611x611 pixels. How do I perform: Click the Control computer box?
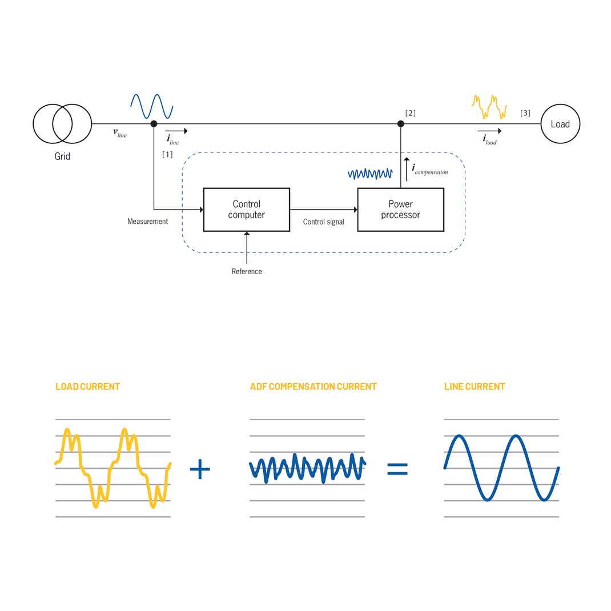click(x=246, y=210)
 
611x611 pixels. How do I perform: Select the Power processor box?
click(x=400, y=210)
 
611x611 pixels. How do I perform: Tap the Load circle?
click(x=560, y=124)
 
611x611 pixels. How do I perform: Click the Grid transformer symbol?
click(x=62, y=124)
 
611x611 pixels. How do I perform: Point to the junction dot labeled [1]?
click(x=154, y=124)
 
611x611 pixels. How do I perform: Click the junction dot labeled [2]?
click(x=401, y=124)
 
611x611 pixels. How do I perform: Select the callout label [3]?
click(x=525, y=113)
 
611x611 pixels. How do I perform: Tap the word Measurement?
click(x=147, y=222)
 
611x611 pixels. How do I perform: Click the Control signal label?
click(x=323, y=222)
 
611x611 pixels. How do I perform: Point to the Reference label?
click(x=247, y=272)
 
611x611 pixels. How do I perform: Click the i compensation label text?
click(x=429, y=170)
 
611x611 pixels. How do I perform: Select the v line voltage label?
click(x=120, y=133)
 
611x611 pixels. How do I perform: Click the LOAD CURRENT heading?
click(x=87, y=387)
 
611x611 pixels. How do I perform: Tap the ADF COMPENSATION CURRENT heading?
click(x=313, y=387)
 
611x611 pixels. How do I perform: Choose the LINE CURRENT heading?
click(x=475, y=387)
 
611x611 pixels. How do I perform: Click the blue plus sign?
click(x=200, y=469)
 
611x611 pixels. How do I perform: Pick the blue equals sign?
click(x=397, y=469)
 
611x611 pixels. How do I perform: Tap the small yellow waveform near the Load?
click(x=489, y=106)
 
